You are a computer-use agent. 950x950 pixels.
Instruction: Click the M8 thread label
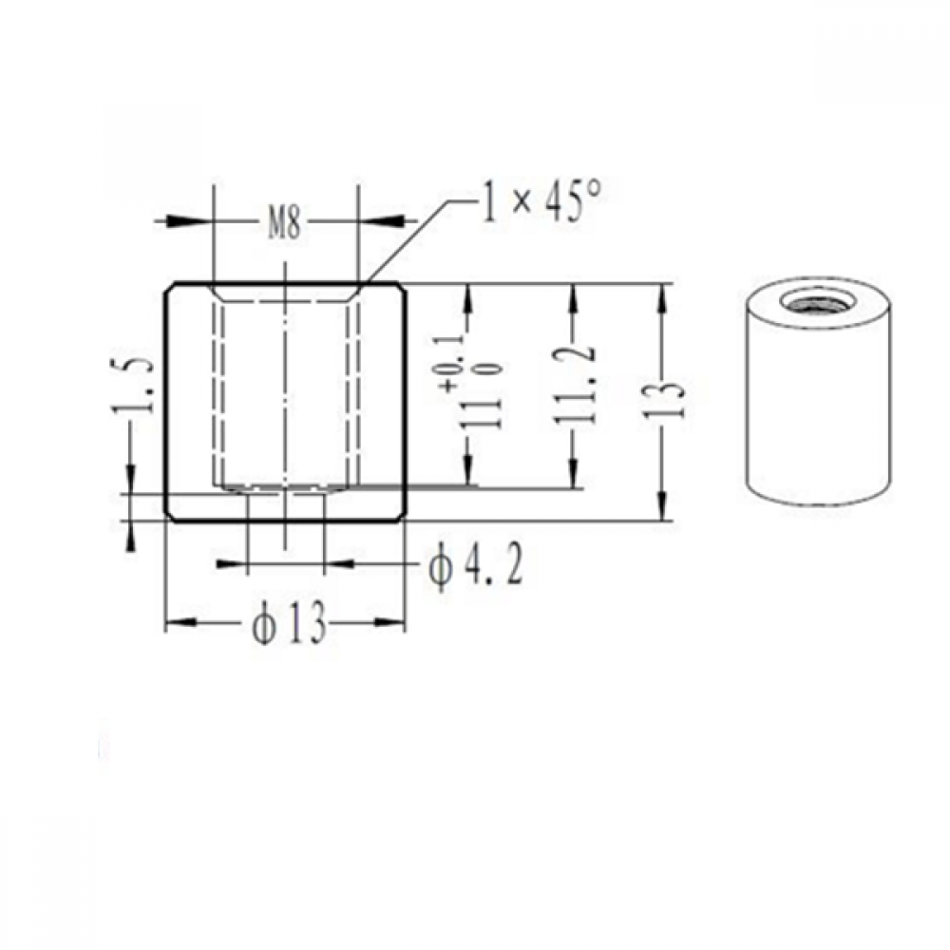click(284, 223)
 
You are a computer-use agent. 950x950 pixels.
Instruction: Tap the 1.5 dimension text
click(133, 386)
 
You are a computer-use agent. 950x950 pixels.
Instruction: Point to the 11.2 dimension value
click(573, 385)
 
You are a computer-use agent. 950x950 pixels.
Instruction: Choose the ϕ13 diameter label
click(290, 622)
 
